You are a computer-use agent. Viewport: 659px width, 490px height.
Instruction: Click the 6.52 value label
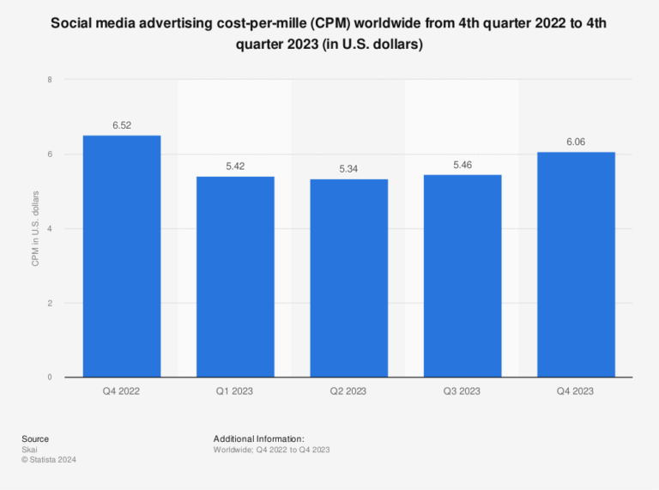[122, 125]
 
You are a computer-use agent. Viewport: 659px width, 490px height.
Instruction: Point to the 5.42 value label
[235, 166]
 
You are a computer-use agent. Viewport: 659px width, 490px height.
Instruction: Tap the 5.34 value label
[348, 169]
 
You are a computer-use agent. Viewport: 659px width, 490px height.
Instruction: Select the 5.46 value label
[463, 165]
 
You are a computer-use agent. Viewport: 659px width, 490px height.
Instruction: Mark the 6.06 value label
[576, 142]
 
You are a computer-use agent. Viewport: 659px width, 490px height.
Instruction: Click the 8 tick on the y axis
[49, 80]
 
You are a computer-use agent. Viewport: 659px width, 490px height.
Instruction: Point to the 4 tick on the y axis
[49, 229]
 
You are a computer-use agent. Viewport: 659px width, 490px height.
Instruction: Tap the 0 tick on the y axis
[49, 378]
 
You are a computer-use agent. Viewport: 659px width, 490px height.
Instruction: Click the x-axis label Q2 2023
[348, 391]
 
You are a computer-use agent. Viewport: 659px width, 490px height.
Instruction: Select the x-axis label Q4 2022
[121, 391]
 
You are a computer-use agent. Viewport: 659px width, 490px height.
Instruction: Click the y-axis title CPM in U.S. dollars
[36, 228]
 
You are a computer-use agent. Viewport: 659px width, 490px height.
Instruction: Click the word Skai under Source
[29, 450]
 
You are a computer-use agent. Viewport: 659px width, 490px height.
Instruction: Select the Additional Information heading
[259, 439]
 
